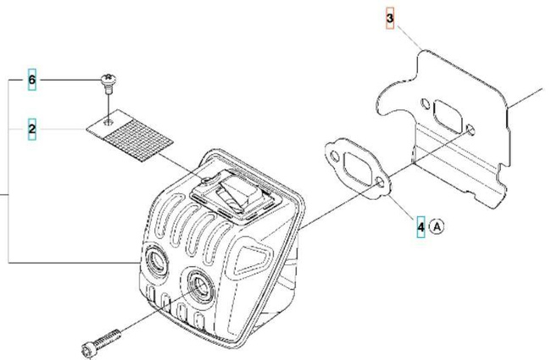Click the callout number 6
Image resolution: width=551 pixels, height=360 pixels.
[x=32, y=80]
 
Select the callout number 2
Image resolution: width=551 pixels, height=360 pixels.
[x=32, y=129]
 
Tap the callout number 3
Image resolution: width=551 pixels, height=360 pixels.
[x=390, y=19]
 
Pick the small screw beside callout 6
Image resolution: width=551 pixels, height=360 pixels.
[x=109, y=80]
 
